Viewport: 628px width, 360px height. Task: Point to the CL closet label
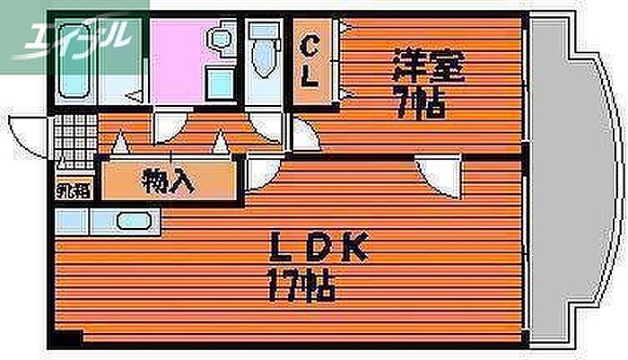pos(310,61)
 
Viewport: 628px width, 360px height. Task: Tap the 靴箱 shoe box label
pos(74,190)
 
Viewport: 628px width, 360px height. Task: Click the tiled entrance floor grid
pos(74,138)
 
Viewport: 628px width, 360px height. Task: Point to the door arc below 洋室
pos(440,175)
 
